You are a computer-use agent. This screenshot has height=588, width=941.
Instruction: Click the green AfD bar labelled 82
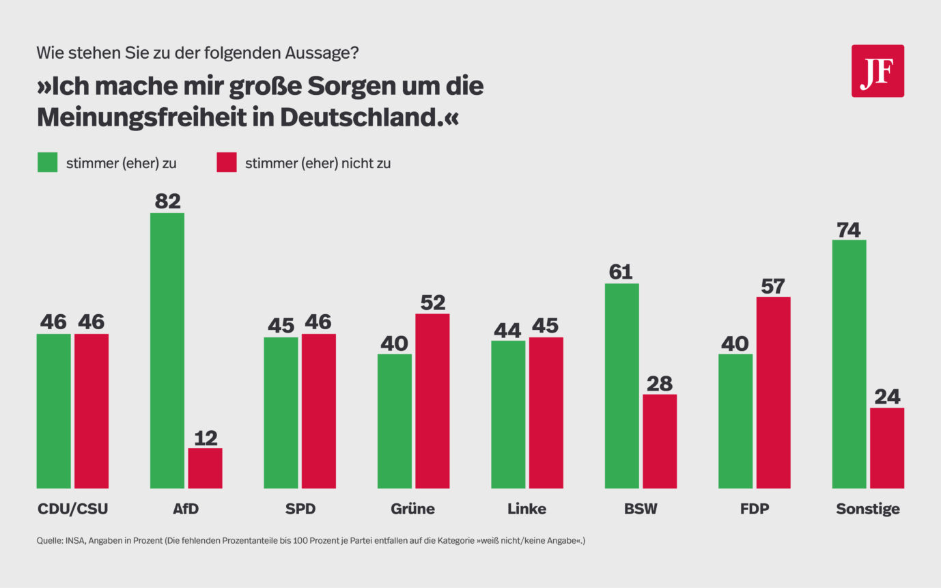point(167,350)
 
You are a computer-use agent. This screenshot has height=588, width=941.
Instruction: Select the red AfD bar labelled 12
point(205,468)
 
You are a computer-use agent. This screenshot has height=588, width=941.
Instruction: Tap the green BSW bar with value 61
point(622,386)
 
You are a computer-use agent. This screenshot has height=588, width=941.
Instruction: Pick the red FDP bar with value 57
point(773,393)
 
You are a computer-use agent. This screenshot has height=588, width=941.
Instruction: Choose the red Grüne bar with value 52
point(432,401)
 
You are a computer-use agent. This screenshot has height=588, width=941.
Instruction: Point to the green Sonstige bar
point(849,364)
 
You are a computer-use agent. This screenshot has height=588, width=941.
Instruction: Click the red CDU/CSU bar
point(92,411)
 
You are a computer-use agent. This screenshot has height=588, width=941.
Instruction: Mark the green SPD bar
point(281,412)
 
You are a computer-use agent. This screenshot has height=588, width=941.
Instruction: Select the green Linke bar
point(508,415)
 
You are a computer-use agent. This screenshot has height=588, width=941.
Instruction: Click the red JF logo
point(877,71)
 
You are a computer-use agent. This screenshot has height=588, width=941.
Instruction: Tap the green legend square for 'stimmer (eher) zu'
point(48,163)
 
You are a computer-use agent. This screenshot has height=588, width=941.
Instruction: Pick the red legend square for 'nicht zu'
point(227,163)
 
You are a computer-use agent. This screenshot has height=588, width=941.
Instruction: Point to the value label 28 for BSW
point(660,384)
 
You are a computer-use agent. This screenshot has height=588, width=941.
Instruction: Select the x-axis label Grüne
point(412,509)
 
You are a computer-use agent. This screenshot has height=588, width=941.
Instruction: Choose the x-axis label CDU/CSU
point(72,509)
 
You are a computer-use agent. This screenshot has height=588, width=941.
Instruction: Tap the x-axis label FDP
point(754,509)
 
